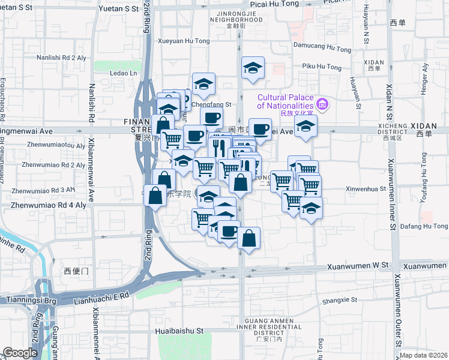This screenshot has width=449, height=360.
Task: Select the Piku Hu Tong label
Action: click(321, 66)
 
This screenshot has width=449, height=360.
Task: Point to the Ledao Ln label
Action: click(124, 73)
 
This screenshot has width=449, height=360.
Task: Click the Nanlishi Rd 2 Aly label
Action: click(61, 58)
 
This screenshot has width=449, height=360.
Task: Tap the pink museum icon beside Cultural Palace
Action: click(322, 106)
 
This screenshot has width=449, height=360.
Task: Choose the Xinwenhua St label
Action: click(365, 188)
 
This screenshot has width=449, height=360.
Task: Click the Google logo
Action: click(20, 353)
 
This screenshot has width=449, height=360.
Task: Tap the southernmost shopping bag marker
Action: click(249, 238)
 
